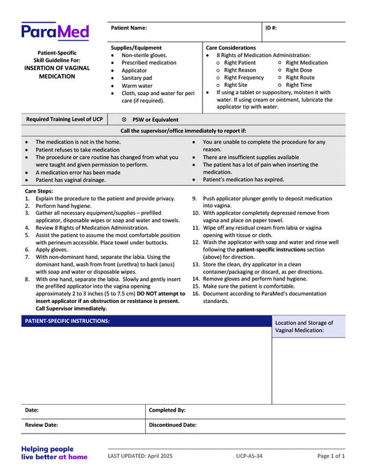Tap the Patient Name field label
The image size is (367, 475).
pos(129,28)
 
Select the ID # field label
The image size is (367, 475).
pos(271,28)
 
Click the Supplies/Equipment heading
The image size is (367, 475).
pos(136,47)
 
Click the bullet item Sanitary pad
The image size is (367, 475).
pos(137,78)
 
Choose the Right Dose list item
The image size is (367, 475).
pos(299,70)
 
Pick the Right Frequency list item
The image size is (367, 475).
pos(244,78)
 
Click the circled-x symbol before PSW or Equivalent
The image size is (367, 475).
pos(124,120)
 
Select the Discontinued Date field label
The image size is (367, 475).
pos(173,425)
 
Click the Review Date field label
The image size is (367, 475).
pos(41,425)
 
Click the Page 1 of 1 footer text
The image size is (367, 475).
pos(331,456)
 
